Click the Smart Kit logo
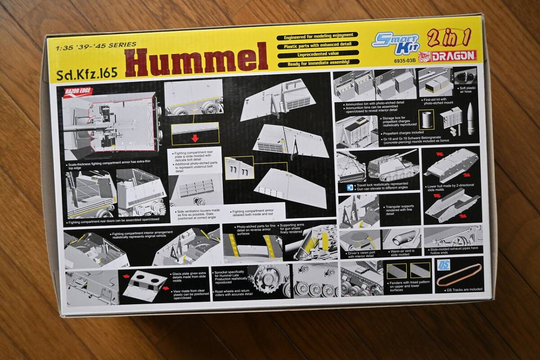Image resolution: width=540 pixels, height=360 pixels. point(396,42)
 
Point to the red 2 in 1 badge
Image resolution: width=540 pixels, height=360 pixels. point(448,39)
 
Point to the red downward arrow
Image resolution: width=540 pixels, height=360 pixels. point(195,138)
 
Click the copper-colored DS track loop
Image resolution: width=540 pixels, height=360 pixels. point(459,274)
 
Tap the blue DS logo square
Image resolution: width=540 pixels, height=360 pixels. point(443,265)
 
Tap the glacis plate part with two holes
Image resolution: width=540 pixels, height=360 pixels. point(142,285)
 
